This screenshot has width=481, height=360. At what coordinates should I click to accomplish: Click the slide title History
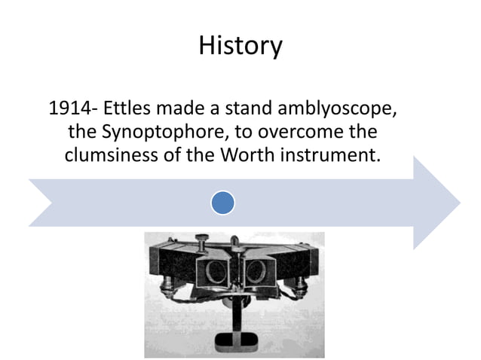coord(240,47)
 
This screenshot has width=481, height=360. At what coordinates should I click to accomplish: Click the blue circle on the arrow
coord(222,201)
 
